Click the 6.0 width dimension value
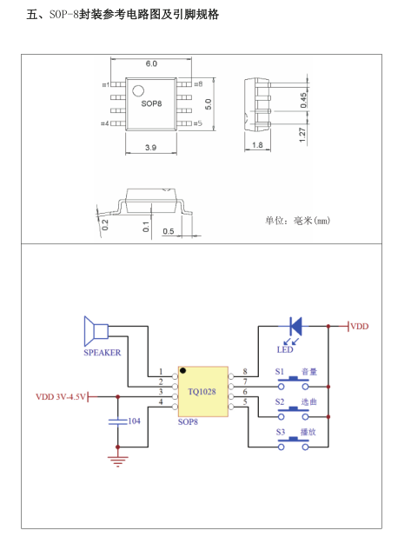tap(151, 64)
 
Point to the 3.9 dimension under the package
tap(151, 148)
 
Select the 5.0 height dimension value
tap(209, 103)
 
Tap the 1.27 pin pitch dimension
tap(303, 135)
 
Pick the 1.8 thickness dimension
tap(257, 145)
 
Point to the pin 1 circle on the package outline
tap(137, 89)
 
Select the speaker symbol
tap(95, 331)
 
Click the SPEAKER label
tap(102, 353)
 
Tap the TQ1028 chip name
tap(202, 392)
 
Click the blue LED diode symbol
tap(295, 327)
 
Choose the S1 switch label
tap(280, 372)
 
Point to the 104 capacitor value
tap(135, 421)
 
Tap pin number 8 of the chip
tap(245, 372)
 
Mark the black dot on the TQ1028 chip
tap(183, 371)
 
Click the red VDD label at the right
tap(359, 326)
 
